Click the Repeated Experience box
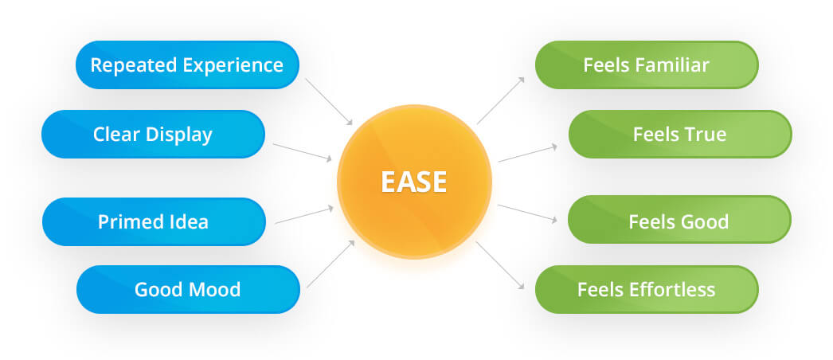[187, 65]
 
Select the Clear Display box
[153, 134]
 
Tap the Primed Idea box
[153, 221]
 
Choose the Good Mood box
[188, 289]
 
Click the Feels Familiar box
[646, 65]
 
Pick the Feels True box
[679, 134]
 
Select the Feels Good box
[679, 221]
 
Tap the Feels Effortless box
[646, 289]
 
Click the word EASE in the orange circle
[413, 182]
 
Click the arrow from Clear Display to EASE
[303, 152]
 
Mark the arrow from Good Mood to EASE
[330, 263]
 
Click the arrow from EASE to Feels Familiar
[500, 100]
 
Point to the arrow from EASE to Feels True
[527, 154]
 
